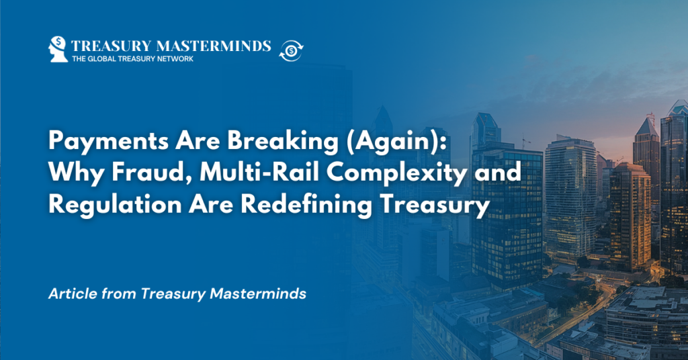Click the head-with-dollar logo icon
click(58, 49)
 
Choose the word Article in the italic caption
click(68, 294)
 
